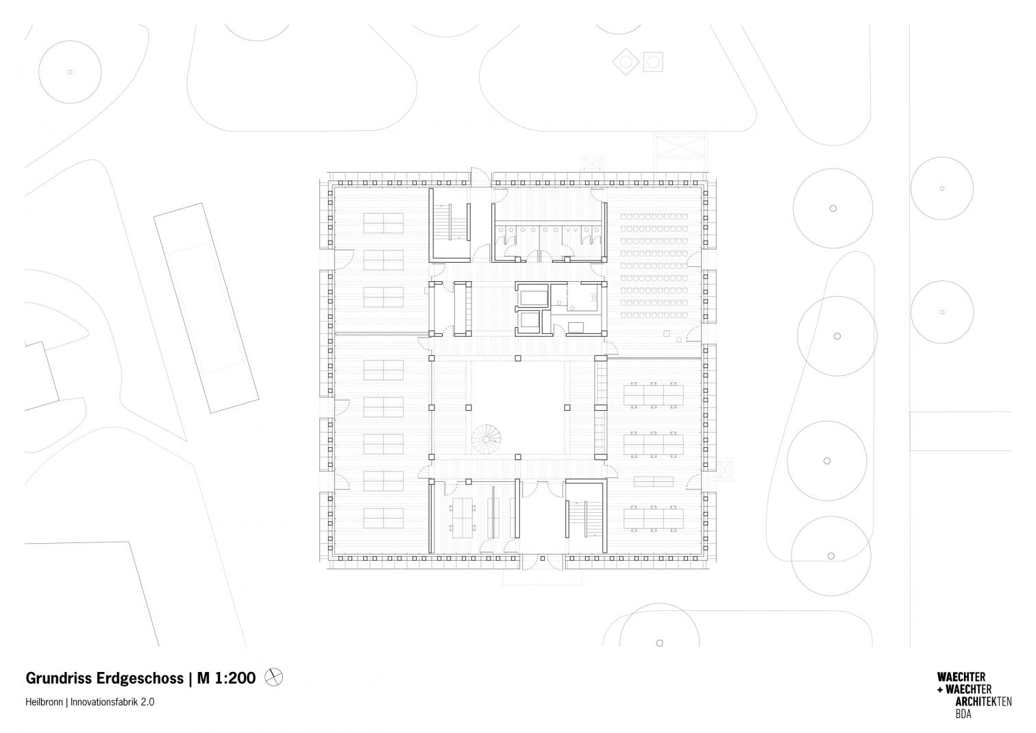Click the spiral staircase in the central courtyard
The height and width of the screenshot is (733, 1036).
point(486,438)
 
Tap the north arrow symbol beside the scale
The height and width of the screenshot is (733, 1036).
point(273,677)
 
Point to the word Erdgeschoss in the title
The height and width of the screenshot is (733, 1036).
point(140,679)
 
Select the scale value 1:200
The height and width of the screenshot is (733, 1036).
point(235,678)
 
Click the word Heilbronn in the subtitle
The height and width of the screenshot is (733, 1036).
point(44,702)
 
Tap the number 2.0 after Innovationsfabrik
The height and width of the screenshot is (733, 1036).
point(148,702)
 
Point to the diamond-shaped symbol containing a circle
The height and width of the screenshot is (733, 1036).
point(626,62)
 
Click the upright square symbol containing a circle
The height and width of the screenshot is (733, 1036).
point(653,62)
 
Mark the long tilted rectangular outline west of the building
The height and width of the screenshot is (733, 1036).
point(206,308)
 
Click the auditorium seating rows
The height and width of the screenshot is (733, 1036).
point(654,265)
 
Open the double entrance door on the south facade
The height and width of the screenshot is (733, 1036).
point(543,562)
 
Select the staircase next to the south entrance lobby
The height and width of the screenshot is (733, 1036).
point(584,518)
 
